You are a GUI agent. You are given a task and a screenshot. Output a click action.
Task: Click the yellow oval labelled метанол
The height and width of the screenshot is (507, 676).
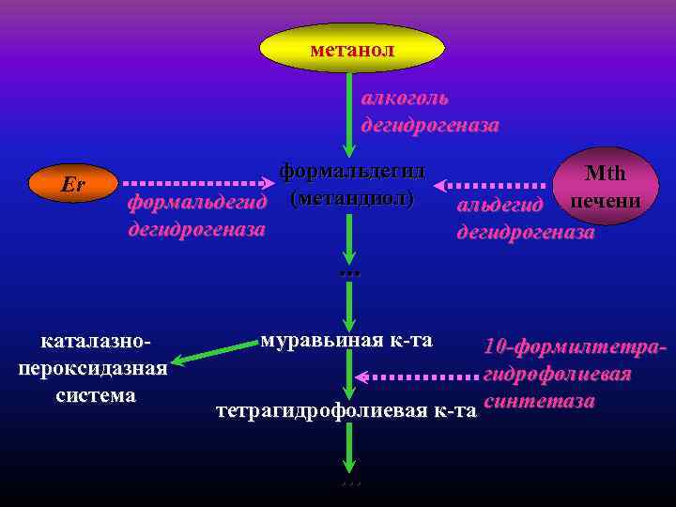pyautogui.click(x=351, y=48)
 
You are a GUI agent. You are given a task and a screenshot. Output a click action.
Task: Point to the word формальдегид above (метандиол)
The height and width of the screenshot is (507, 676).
pyautogui.click(x=352, y=171)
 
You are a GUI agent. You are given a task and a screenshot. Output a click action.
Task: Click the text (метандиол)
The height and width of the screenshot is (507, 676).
pyautogui.click(x=352, y=198)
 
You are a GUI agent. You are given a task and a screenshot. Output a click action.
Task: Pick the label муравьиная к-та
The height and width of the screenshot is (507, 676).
pyautogui.click(x=346, y=339)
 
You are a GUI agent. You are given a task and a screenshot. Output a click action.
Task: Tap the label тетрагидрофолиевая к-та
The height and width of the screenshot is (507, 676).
pyautogui.click(x=342, y=410)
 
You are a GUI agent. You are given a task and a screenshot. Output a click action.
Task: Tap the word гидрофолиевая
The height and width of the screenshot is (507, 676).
pyautogui.click(x=557, y=375)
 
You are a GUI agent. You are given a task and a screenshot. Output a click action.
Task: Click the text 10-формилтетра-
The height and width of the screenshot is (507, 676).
pyautogui.click(x=575, y=346)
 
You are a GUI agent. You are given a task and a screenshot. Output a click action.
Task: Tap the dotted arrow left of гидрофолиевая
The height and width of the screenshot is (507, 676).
pyautogui.click(x=419, y=377)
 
